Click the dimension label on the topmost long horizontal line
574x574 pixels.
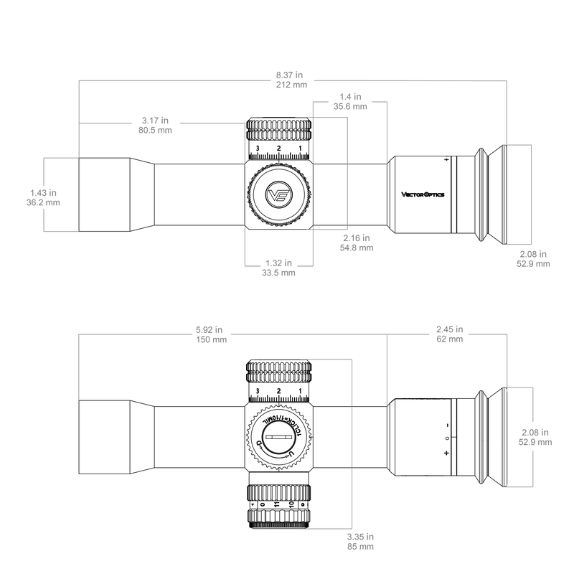[x=291, y=79]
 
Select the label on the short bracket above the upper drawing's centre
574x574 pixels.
[x=351, y=101]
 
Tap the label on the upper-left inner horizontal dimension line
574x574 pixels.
[x=156, y=123]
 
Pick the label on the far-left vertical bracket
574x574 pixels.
[x=43, y=197]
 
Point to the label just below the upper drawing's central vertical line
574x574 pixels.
[x=355, y=243]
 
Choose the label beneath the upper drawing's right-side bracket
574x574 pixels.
[x=533, y=259]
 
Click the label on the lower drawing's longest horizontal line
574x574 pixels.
[x=211, y=334]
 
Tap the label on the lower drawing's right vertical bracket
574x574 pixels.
[x=535, y=436]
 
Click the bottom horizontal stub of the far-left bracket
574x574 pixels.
[x=61, y=231]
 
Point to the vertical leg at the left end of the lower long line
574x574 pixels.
[x=77, y=366]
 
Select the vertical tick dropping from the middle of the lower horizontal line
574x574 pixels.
[x=387, y=370]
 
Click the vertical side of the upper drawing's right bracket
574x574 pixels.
[x=532, y=194]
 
